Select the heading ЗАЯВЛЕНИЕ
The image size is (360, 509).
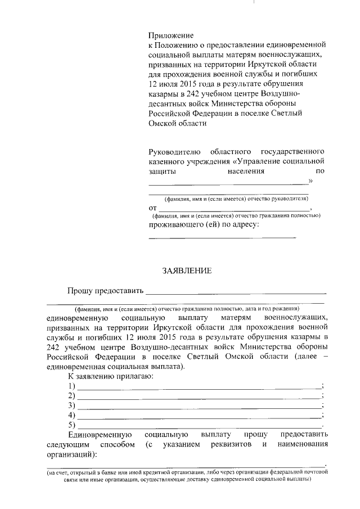pyautogui.click(x=187, y=271)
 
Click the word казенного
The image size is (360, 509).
pyautogui.click(x=169, y=161)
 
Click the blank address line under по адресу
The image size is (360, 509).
pyautogui.click(x=222, y=237)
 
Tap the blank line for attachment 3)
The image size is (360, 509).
pyautogui.click(x=199, y=406)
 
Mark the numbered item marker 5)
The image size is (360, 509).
pyautogui.click(x=71, y=425)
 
